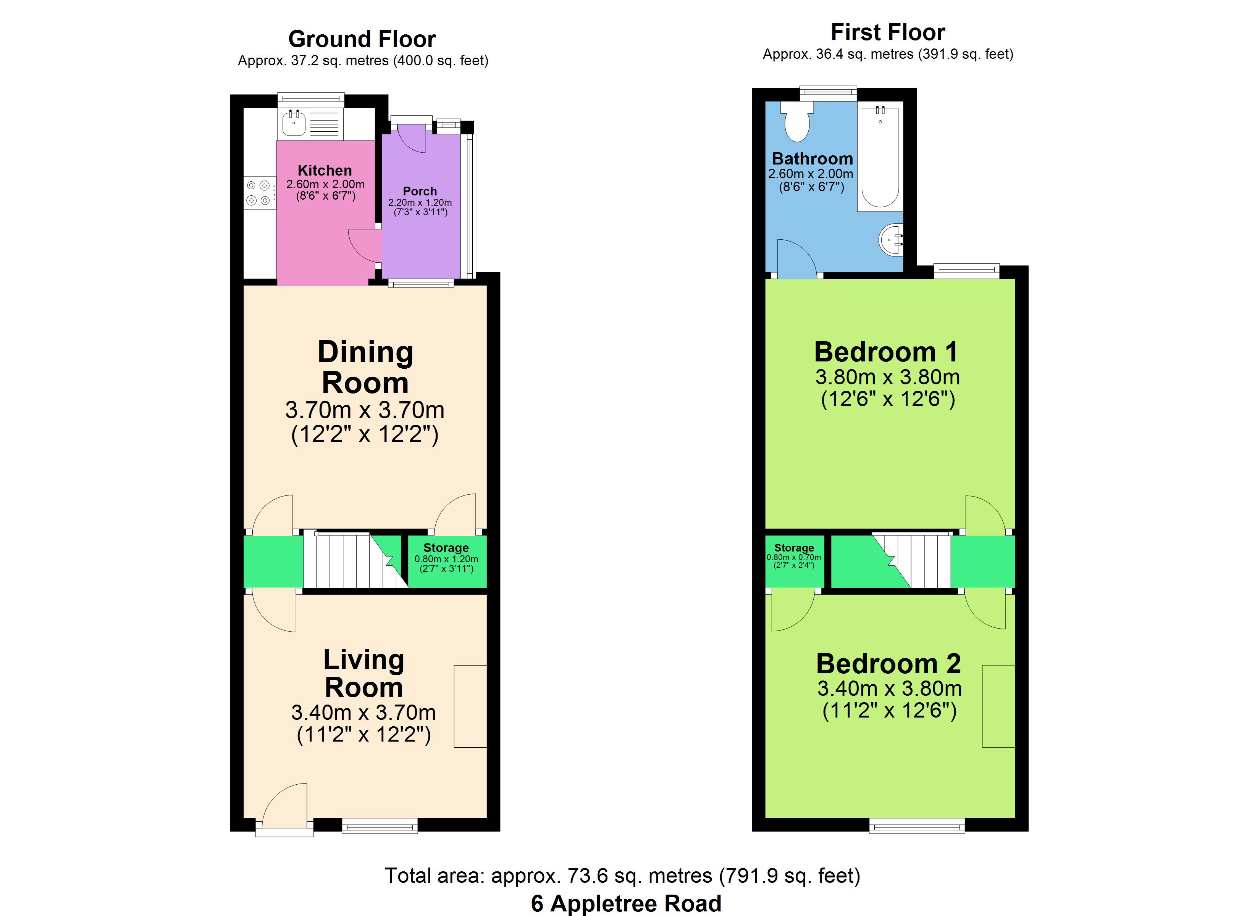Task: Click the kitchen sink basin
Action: [294, 123]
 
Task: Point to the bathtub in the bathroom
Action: [880, 156]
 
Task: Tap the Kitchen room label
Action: [325, 171]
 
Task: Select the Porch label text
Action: [420, 191]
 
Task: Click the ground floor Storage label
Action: [446, 548]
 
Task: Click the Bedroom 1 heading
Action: [886, 352]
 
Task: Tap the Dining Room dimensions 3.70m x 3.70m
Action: [365, 410]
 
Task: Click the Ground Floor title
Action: [362, 39]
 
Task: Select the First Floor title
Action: [888, 32]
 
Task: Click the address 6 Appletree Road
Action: [626, 903]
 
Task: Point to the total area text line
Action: [622, 876]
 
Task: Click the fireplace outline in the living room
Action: [470, 706]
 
